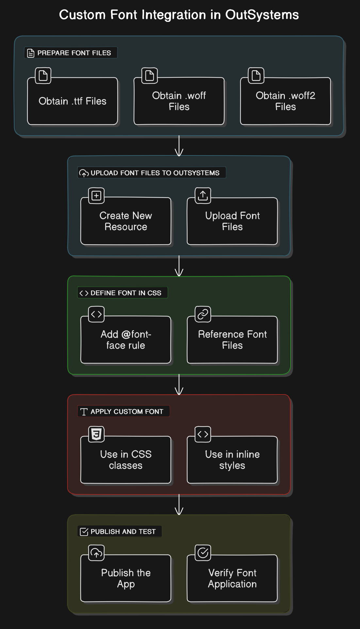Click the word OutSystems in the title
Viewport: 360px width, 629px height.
[262, 15]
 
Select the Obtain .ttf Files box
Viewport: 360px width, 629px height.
[73, 101]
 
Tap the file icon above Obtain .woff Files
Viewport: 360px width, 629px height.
[150, 76]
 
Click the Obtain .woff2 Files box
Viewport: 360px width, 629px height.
[285, 101]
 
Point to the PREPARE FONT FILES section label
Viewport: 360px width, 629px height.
[74, 53]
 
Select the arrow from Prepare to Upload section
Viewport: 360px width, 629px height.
[179, 146]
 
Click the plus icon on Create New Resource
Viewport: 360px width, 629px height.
[96, 196]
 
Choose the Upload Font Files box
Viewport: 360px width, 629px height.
[232, 221]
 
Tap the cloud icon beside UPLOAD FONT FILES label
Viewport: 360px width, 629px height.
[84, 173]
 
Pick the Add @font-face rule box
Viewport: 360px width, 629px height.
[126, 340]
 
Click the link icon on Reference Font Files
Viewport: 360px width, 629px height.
[203, 314]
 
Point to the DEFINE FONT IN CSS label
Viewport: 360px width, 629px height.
[126, 293]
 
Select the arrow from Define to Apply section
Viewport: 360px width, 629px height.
[179, 385]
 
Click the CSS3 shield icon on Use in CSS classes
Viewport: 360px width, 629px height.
[96, 434]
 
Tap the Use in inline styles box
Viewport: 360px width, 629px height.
[232, 460]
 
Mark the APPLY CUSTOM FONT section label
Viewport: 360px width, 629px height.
[127, 411]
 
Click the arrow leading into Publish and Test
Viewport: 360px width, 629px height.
[179, 505]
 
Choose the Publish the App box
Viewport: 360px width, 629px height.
[126, 578]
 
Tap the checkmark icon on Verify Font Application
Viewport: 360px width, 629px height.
[203, 553]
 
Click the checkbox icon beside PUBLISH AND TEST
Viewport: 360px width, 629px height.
[84, 532]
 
